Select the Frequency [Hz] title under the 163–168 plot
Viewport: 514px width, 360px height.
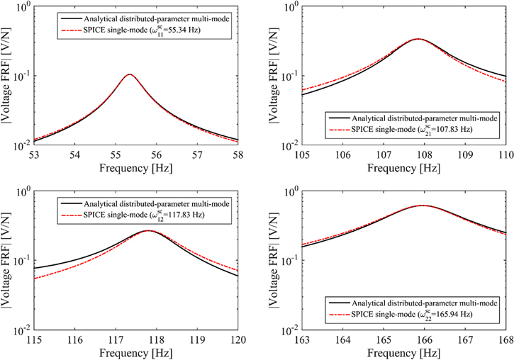tap(403, 353)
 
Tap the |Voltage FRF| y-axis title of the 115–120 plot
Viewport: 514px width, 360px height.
tap(7, 260)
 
